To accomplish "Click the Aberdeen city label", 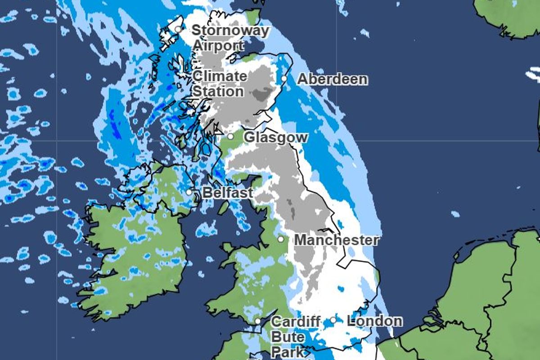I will [333, 79].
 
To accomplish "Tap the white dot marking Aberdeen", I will [284, 78].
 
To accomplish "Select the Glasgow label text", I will [275, 137].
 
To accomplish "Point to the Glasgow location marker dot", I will [230, 136].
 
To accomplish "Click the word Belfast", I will [227, 193].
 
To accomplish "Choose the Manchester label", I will [336, 240].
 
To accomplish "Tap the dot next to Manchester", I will [281, 239].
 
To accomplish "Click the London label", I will [375, 321].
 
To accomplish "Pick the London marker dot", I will [333, 320].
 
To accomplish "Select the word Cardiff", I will [296, 322].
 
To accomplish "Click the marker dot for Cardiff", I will [257, 321].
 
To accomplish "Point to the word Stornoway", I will [230, 31].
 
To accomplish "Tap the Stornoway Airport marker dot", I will [178, 29].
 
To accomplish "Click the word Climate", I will [220, 76].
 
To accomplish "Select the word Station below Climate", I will [218, 91].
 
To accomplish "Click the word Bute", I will [288, 337].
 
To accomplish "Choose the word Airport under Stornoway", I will [219, 45].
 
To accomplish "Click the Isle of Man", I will [224, 207].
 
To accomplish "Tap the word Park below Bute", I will [287, 351].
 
